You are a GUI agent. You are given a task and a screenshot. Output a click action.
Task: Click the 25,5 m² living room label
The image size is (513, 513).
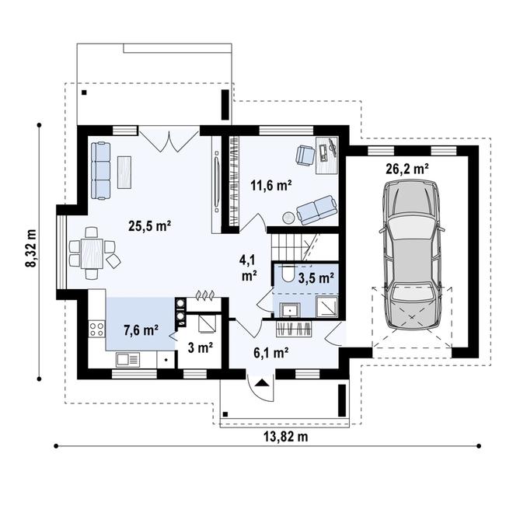point(149,225)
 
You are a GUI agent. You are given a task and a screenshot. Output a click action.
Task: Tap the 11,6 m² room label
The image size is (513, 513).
point(271,185)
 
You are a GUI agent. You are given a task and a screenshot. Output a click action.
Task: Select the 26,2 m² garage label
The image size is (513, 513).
point(407,169)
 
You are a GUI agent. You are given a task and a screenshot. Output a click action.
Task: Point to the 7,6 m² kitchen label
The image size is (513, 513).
point(141,330)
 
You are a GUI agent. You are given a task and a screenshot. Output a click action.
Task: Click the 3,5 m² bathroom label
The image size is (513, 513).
point(316,277)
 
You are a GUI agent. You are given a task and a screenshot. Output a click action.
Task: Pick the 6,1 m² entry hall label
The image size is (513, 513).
point(271,352)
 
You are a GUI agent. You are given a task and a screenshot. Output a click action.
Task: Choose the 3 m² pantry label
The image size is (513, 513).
point(201,347)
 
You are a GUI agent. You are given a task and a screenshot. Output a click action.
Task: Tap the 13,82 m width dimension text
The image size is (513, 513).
point(285,437)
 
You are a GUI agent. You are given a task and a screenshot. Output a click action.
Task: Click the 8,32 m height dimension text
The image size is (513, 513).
point(31,248)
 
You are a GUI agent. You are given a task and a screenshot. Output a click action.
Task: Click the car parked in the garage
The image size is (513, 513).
point(412,254)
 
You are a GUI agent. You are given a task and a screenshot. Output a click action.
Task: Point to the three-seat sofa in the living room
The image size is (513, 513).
point(101,170)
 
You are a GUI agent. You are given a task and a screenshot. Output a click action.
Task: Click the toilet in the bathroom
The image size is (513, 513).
point(288,274)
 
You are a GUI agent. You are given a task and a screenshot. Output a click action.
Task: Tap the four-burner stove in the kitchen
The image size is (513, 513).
point(97,329)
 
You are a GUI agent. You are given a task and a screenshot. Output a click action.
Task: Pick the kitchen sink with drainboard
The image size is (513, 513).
point(128,360)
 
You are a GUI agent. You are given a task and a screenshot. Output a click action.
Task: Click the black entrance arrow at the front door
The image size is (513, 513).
point(261,382)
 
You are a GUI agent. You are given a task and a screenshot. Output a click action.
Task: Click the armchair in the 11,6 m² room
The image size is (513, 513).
point(305,155)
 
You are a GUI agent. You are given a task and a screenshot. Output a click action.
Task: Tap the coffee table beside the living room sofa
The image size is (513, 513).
point(124,172)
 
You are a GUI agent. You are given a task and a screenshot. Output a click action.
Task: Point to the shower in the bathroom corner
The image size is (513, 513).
point(326,306)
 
